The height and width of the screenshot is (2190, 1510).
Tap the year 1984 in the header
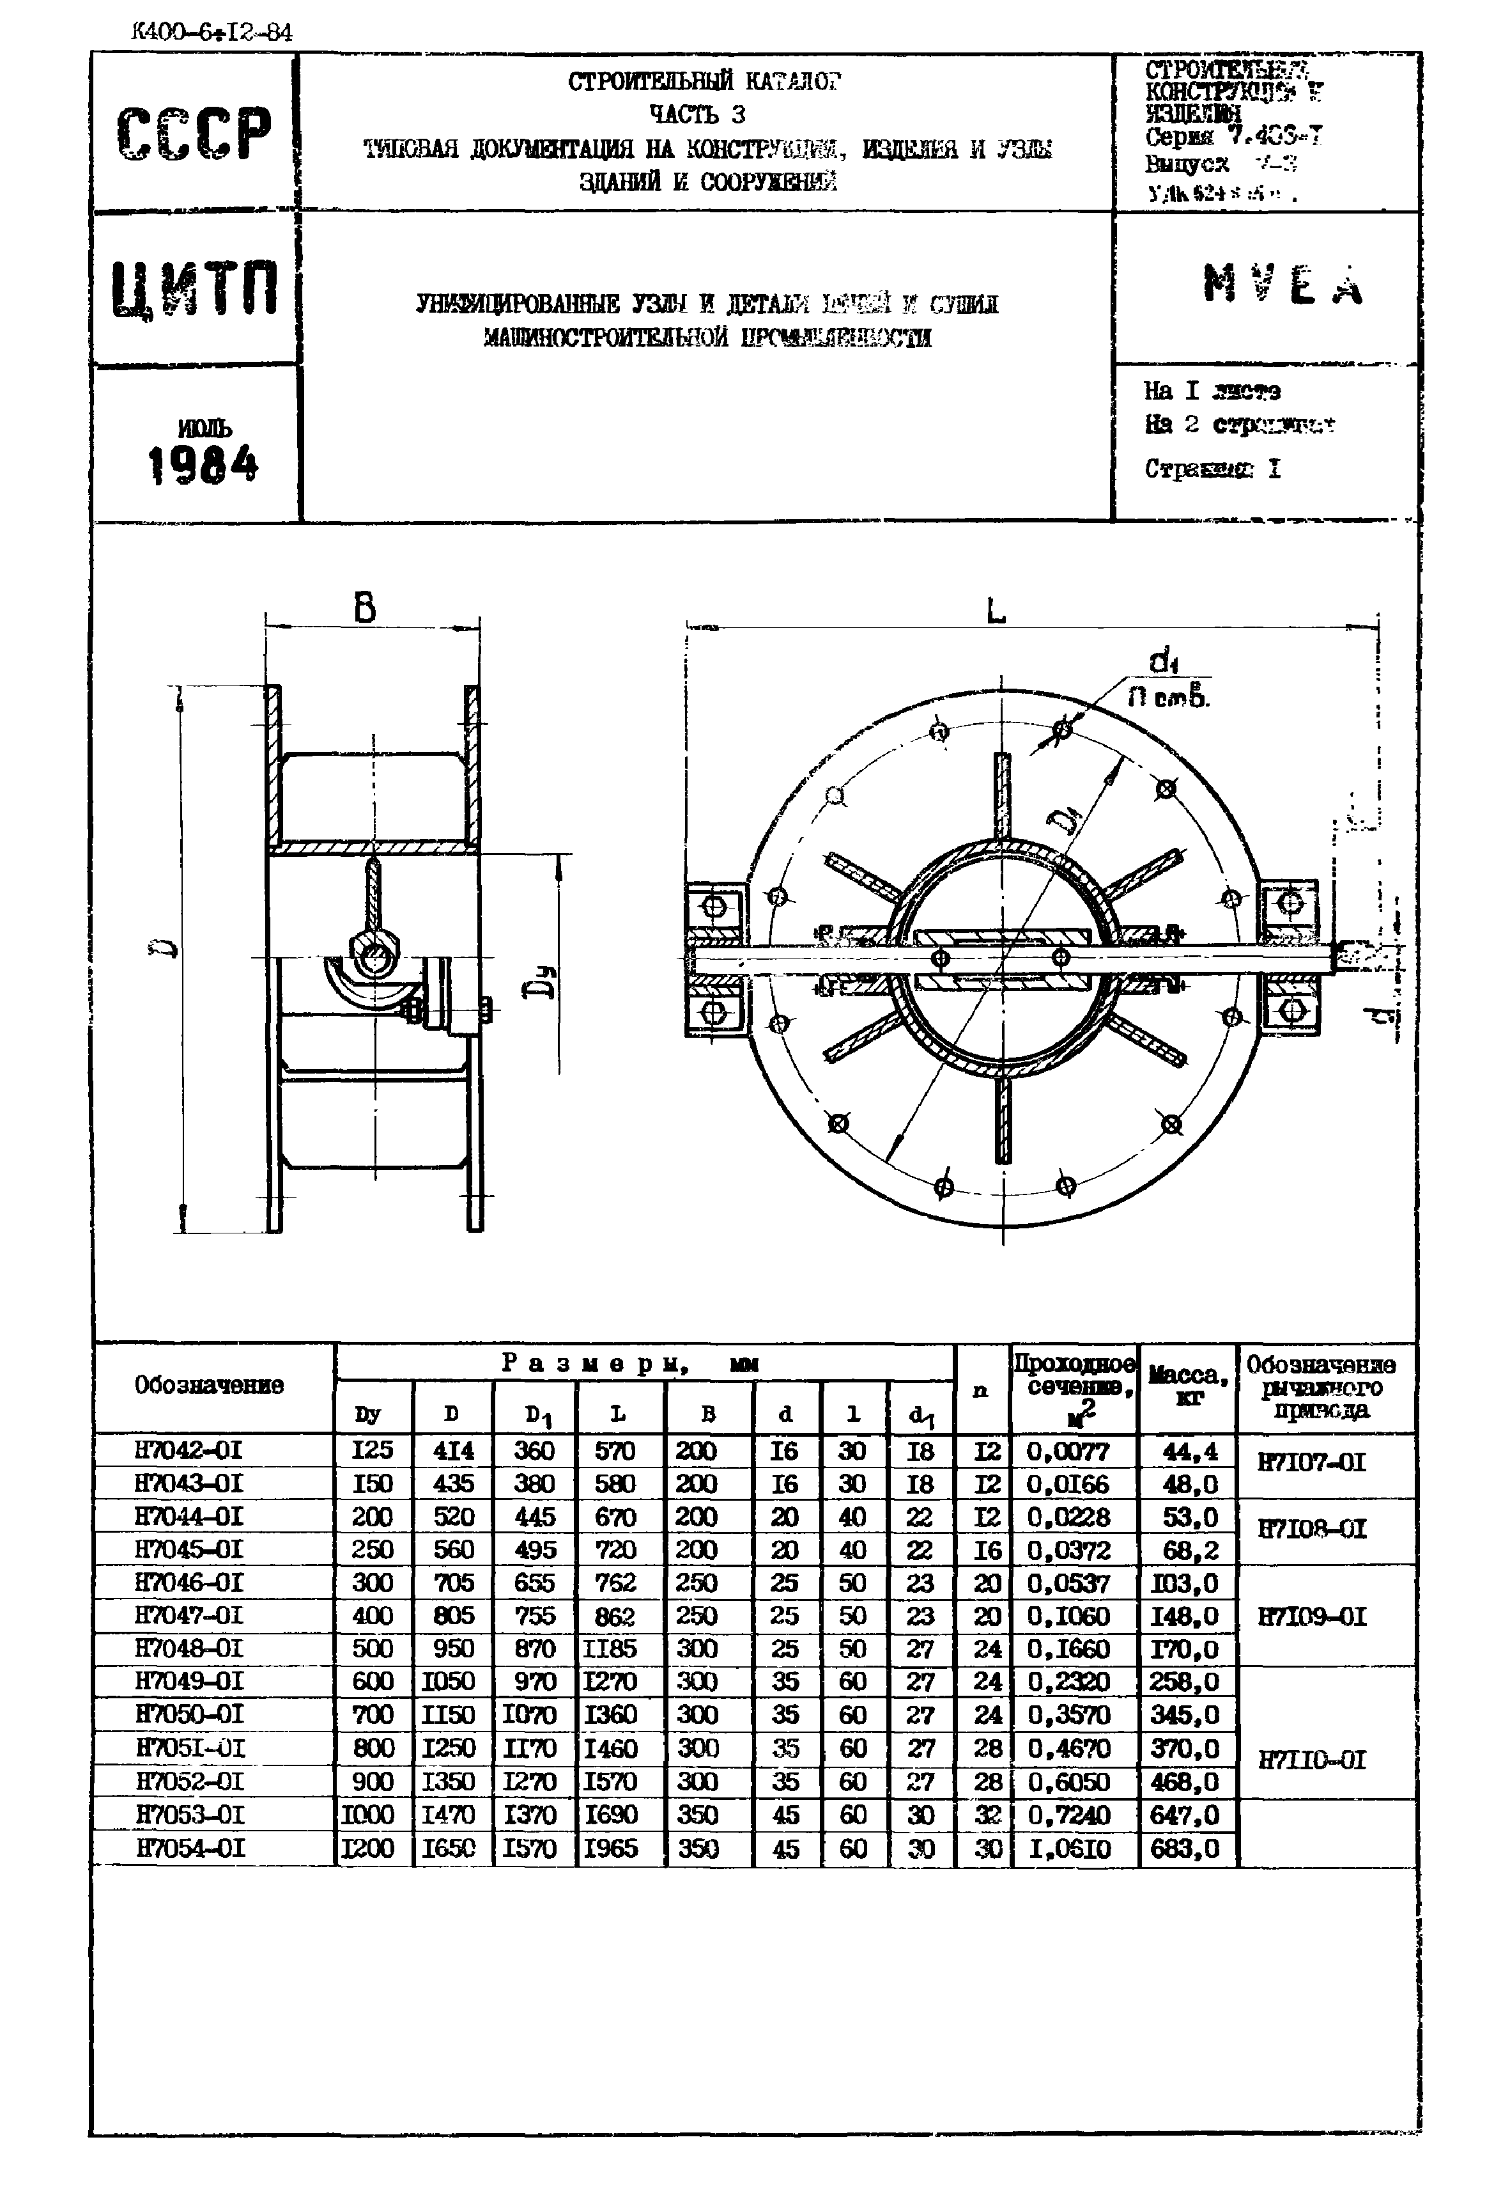(x=203, y=465)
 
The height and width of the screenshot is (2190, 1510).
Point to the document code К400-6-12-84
(x=212, y=33)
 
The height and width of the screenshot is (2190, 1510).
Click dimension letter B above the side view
(x=366, y=607)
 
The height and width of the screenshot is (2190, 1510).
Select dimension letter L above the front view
(x=996, y=613)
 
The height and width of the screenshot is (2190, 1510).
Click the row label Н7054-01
(x=190, y=1847)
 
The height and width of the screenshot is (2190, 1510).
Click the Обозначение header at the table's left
(x=209, y=1386)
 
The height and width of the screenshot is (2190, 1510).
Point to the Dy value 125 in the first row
(x=372, y=1450)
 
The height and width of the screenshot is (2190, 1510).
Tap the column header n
(x=980, y=1389)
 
